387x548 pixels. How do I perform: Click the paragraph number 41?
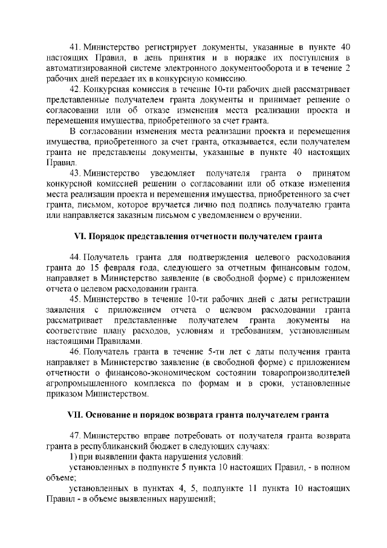[76, 47]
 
